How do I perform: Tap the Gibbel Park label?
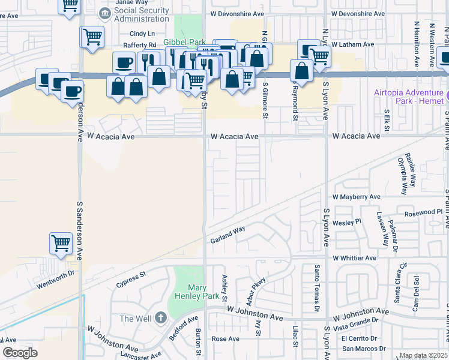[x=185, y=42]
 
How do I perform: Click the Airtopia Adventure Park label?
[x=408, y=97]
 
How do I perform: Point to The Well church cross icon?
[x=160, y=317]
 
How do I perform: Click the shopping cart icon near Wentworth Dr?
[x=61, y=243]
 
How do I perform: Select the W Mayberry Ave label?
[x=357, y=197]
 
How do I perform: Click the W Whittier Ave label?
[x=354, y=258]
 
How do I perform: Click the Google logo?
[x=20, y=353]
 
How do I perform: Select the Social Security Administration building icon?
[x=105, y=13]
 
